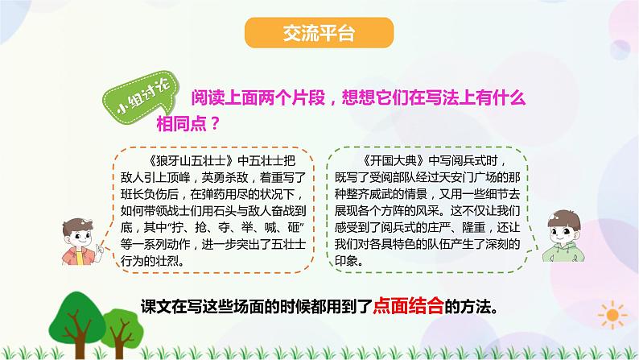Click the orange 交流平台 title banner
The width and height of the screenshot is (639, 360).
(x=319, y=35)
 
